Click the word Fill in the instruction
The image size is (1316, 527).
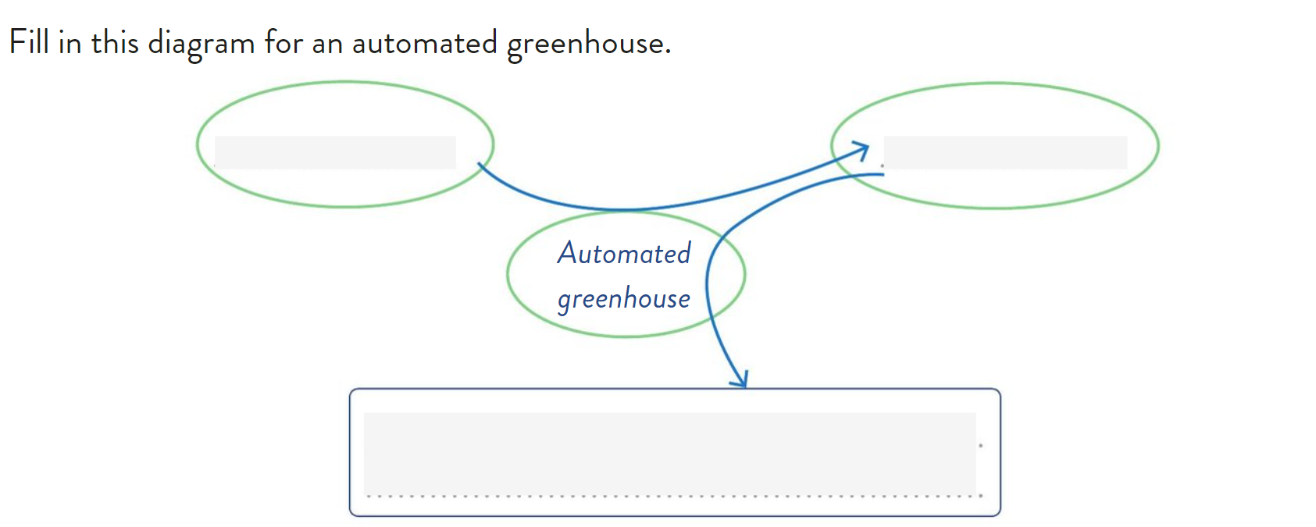pyautogui.click(x=29, y=42)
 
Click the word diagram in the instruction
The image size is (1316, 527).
pyautogui.click(x=201, y=44)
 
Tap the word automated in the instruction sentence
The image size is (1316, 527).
pyautogui.click(x=424, y=43)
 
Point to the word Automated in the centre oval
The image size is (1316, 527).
pyautogui.click(x=624, y=254)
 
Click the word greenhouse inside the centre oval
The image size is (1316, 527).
pyautogui.click(x=624, y=299)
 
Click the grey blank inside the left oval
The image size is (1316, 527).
pyautogui.click(x=335, y=152)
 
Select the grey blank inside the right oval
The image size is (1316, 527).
pyautogui.click(x=1005, y=152)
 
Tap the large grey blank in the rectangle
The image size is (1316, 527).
pyautogui.click(x=669, y=452)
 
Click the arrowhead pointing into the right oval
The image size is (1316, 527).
pyautogui.click(x=862, y=149)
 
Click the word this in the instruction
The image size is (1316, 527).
pyautogui.click(x=114, y=42)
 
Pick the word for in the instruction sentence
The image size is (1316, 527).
pyautogui.click(x=284, y=42)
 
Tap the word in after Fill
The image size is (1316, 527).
pyautogui.click(x=70, y=42)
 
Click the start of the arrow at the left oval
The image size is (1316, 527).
pyautogui.click(x=480, y=166)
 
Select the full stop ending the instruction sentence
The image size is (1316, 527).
pyautogui.click(x=668, y=53)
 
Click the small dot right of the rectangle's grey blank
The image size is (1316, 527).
pyautogui.click(x=981, y=446)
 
